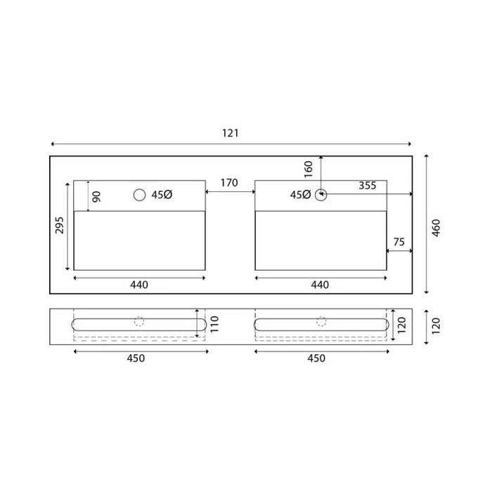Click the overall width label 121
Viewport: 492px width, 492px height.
click(231, 134)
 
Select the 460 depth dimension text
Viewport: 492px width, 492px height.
click(436, 228)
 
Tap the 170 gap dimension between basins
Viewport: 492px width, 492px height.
click(229, 183)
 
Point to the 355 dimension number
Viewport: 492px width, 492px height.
click(367, 186)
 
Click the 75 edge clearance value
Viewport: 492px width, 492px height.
click(399, 242)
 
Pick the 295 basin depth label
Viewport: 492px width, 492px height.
click(59, 225)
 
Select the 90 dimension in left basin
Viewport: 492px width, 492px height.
click(97, 197)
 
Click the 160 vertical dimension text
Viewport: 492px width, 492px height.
click(309, 169)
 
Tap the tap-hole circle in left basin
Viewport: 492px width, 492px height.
click(139, 195)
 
